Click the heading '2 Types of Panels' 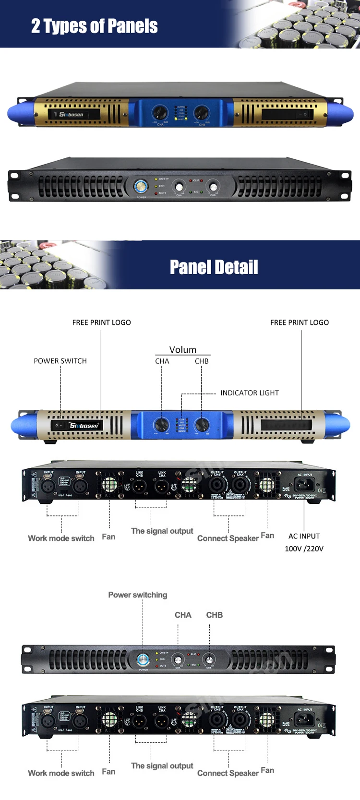point(94,26)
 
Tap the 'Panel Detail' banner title point(214,267)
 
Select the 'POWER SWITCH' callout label point(60,361)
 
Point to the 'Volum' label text point(183,349)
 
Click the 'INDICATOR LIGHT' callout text point(249,393)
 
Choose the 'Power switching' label point(138,595)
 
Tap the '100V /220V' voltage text point(304,549)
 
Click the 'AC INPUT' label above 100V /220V point(304,536)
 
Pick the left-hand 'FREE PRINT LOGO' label point(101,322)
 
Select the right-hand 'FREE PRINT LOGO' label point(300,322)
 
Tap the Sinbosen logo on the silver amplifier point(84,425)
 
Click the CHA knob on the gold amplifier point(160,113)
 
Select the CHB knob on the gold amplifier point(202,113)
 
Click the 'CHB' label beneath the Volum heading point(202,361)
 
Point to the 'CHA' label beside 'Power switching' point(183,615)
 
